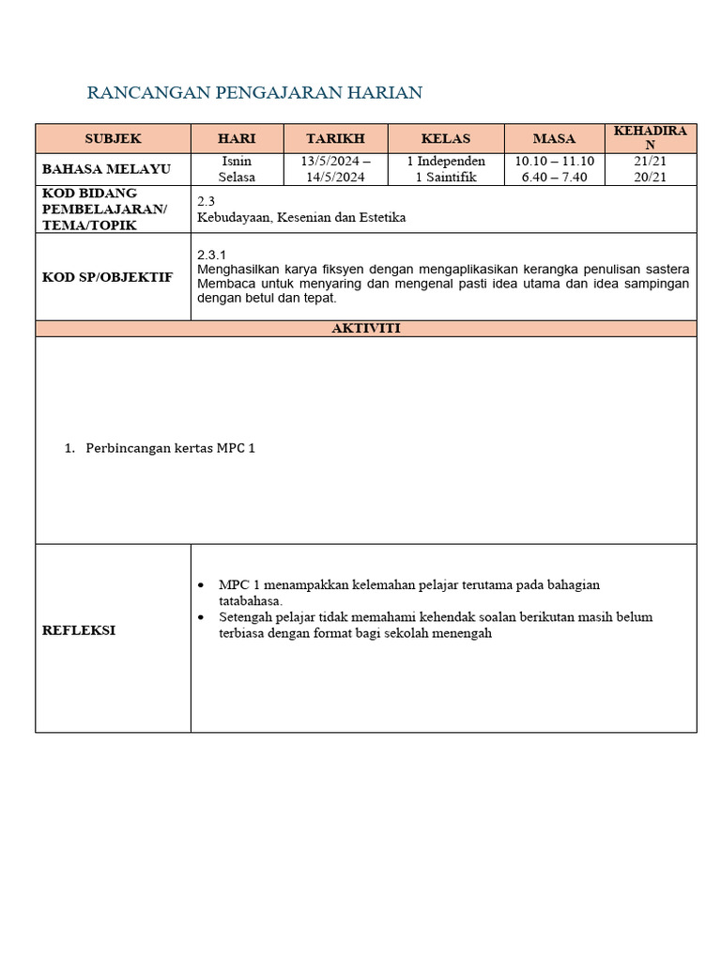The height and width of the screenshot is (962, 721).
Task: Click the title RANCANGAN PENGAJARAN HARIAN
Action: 254,92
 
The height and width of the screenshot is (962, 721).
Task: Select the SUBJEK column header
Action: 113,138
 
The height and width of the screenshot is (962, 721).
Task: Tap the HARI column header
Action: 237,138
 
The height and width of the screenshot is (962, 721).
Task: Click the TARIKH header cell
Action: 335,138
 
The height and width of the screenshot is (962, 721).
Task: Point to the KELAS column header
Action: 446,138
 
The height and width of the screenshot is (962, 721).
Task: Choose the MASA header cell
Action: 554,138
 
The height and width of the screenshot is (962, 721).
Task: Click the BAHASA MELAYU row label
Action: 106,169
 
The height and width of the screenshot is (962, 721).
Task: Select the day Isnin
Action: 237,162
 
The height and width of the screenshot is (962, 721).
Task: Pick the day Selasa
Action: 237,177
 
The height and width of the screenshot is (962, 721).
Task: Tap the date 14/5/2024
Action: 335,177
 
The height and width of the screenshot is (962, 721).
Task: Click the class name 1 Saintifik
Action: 446,177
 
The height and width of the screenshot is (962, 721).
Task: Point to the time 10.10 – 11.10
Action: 554,162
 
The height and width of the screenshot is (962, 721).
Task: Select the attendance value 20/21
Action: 650,177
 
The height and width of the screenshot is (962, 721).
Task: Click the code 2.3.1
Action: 211,255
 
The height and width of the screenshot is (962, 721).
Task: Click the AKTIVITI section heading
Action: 365,328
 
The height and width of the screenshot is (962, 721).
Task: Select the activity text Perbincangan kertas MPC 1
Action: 170,448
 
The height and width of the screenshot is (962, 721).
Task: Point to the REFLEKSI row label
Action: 79,630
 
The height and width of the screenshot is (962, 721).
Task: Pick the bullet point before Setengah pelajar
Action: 202,617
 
